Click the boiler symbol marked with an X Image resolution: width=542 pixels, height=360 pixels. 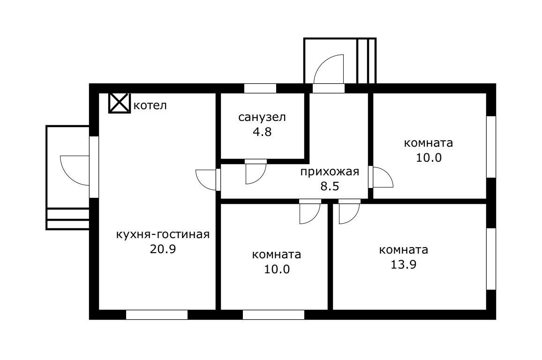coord(119,103)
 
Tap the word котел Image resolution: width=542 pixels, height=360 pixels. coord(150,105)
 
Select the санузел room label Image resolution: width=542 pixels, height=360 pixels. coord(262,117)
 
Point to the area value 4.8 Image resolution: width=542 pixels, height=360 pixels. coord(262,132)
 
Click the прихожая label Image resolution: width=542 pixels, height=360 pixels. coord(330,171)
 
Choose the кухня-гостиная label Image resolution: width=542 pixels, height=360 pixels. coord(162,234)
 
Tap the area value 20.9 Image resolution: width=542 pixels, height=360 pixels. coord(162,249)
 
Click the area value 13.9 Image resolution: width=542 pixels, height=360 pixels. coord(404,264)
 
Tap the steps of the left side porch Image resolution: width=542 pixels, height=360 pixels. coord(68,219)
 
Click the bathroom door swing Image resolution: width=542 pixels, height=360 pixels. coord(256,172)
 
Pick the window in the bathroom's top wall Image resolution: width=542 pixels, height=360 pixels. coord(260,88)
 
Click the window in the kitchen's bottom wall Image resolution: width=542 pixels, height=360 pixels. coord(157,315)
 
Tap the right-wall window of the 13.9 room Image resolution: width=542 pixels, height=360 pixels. coord(491,259)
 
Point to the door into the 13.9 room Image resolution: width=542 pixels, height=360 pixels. coord(349,212)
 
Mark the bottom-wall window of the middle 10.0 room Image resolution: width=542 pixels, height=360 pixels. coord(273,315)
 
